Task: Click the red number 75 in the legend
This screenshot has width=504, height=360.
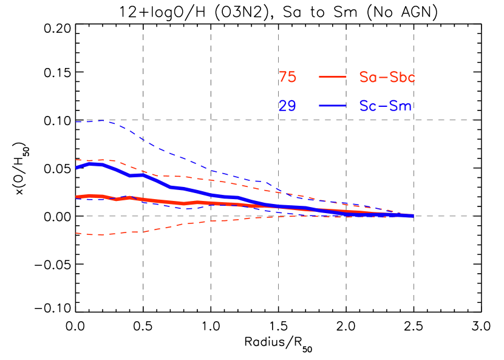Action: [x=287, y=77]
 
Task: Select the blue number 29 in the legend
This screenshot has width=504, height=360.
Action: [x=287, y=106]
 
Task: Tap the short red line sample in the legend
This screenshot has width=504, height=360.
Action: [x=332, y=77]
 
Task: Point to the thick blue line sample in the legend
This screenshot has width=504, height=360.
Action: [x=332, y=106]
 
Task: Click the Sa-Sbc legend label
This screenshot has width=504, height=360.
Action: [x=387, y=77]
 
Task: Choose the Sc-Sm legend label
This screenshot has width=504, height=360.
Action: [x=385, y=106]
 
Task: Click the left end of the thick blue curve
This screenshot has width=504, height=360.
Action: [x=77, y=168]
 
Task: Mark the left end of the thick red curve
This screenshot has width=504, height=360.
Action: [x=77, y=197]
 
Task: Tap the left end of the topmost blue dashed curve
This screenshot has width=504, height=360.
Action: [x=76, y=122]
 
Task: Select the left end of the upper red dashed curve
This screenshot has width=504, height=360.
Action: [x=76, y=160]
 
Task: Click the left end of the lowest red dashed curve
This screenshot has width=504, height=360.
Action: [x=76, y=233]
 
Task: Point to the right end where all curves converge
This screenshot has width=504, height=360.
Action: [x=413, y=216]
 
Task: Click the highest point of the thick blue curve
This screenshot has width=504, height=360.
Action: [x=94, y=163]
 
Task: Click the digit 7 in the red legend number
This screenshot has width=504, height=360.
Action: [x=283, y=77]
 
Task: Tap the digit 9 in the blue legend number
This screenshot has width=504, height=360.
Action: [x=292, y=106]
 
